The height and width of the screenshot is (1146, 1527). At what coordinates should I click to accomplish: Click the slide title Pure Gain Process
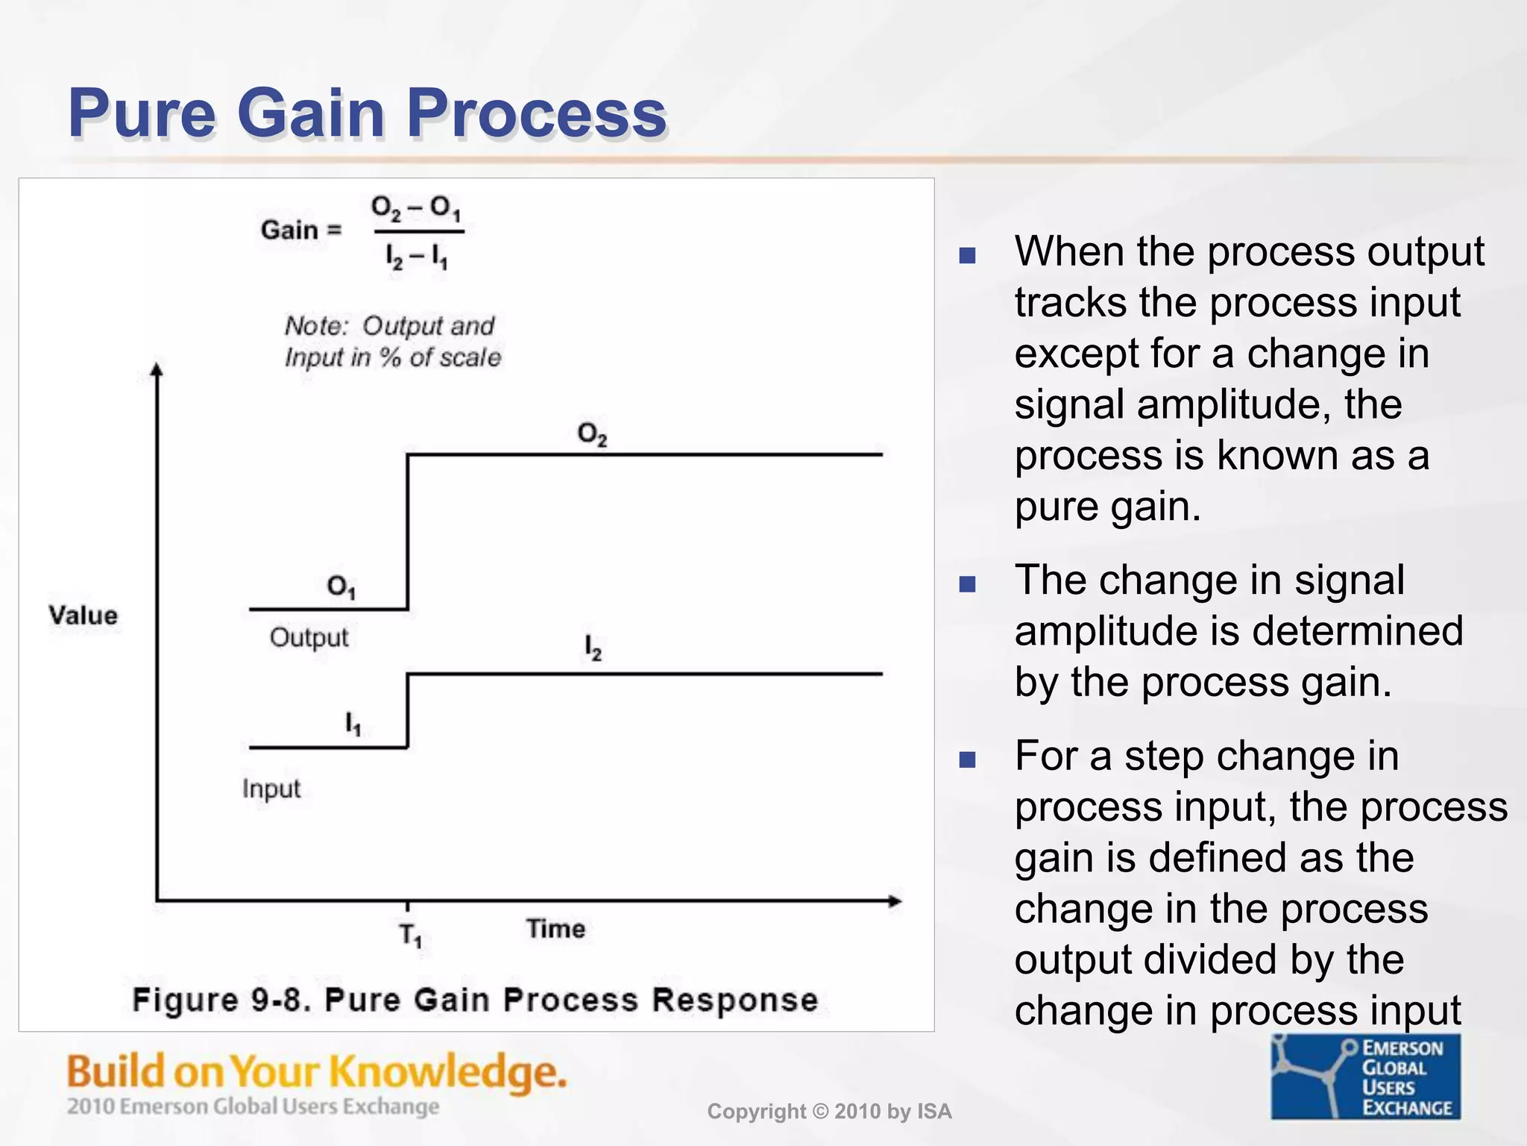(367, 113)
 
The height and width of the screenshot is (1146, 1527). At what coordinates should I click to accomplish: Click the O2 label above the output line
(592, 434)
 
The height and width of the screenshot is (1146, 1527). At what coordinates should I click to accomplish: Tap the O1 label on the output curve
(341, 587)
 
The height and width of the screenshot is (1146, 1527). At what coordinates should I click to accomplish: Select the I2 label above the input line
(593, 648)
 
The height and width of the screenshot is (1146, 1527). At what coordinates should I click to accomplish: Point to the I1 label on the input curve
(353, 724)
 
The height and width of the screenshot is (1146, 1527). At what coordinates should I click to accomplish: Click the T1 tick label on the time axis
(410, 935)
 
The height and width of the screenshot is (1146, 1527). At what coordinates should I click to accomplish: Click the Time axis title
(555, 929)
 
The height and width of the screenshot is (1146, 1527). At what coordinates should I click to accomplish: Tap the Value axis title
(84, 616)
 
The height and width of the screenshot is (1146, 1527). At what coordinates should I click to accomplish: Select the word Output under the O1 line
(309, 638)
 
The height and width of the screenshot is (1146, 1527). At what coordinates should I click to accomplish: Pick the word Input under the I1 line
(271, 789)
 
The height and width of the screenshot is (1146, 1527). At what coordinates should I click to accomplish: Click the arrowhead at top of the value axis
(157, 369)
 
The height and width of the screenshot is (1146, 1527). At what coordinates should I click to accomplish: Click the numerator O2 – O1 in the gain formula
(416, 208)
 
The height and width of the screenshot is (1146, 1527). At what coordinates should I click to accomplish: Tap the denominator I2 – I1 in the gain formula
(417, 257)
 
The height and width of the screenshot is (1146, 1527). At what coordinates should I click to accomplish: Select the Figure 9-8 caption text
(475, 1000)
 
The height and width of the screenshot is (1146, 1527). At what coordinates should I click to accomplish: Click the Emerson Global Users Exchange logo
(1366, 1077)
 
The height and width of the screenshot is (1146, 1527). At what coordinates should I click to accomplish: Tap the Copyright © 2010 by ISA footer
(829, 1112)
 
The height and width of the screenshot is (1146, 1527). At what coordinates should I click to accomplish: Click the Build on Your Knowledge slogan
(317, 1072)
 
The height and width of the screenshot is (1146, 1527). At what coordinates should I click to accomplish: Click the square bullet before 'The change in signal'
(967, 583)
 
